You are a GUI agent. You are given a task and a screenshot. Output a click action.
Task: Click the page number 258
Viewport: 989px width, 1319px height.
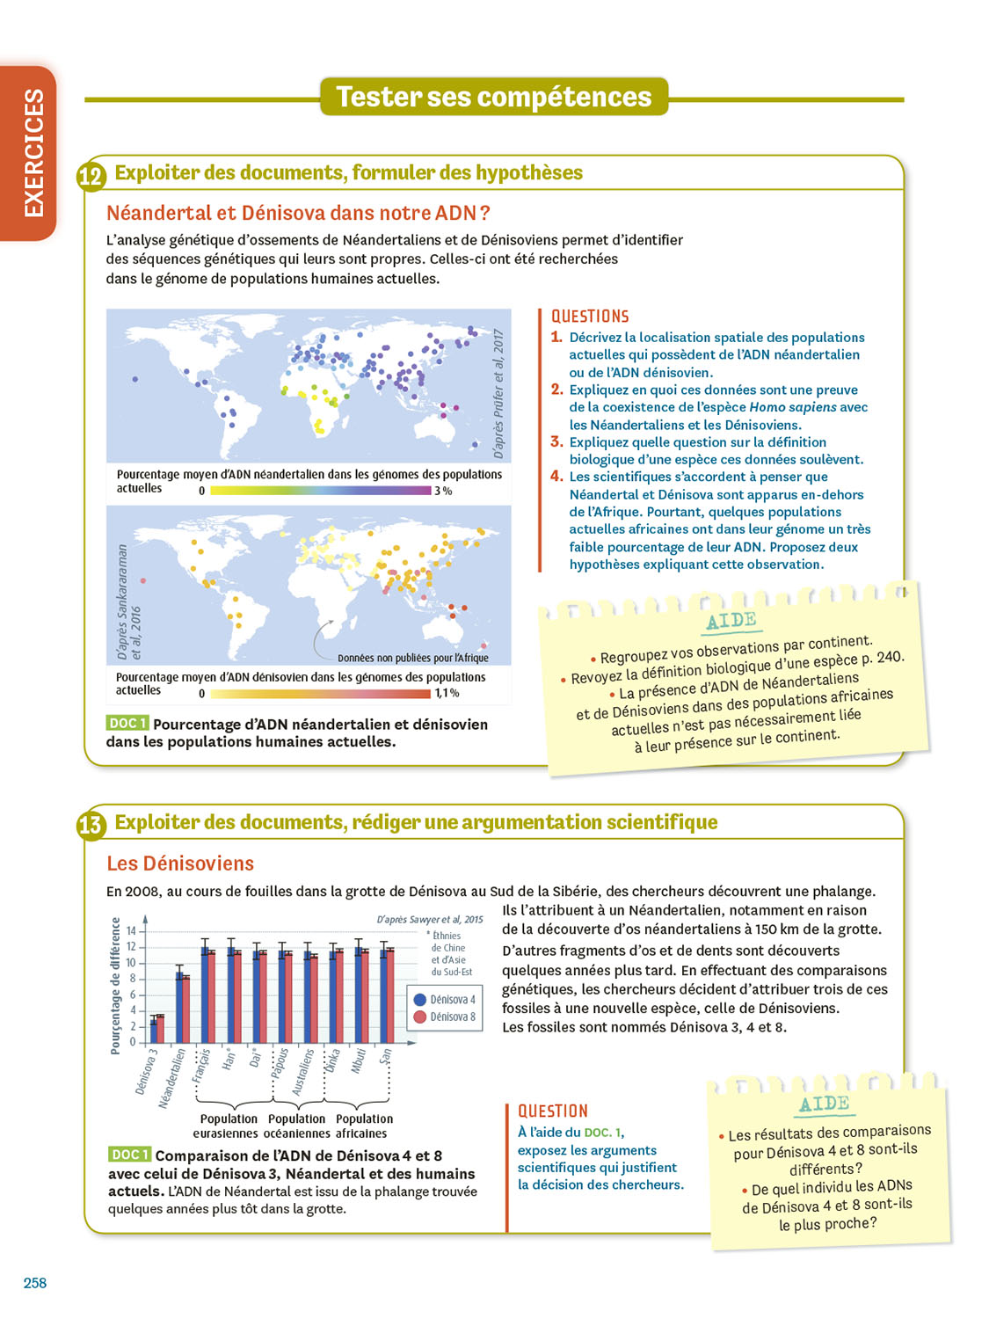(35, 1283)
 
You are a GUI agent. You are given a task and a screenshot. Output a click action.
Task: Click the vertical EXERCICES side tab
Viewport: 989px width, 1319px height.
(33, 152)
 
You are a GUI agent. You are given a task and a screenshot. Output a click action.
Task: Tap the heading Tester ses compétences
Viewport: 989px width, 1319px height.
(494, 97)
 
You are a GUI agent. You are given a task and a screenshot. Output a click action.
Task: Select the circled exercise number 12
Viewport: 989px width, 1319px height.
(91, 176)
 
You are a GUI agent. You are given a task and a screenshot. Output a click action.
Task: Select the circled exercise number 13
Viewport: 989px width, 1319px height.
(91, 826)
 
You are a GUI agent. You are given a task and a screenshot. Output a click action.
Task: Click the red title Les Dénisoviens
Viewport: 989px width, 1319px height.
(180, 864)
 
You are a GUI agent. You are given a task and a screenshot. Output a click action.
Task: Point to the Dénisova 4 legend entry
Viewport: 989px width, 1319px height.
(445, 1000)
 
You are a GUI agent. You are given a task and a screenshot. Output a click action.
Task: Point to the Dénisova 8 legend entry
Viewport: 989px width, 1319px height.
(445, 1017)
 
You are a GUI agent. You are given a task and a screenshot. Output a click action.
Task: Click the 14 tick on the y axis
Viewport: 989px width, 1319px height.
(132, 930)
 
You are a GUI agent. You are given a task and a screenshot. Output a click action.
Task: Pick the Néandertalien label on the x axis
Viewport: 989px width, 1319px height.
(171, 1078)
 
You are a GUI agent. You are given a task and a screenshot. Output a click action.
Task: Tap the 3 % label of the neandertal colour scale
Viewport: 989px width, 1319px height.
(443, 491)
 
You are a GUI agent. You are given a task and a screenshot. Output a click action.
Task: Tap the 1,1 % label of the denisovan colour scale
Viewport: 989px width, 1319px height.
(447, 694)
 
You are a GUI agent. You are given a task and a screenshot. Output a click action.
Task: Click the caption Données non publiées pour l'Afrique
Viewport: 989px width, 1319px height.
(412, 658)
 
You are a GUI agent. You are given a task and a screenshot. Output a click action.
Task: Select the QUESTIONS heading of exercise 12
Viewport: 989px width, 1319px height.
(590, 317)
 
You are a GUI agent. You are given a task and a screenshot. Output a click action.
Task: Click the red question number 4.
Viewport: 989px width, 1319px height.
(556, 477)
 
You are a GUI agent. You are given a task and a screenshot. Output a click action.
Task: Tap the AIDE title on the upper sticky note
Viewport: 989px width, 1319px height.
(731, 621)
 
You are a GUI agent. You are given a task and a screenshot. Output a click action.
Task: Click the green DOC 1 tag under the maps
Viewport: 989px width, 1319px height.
(127, 723)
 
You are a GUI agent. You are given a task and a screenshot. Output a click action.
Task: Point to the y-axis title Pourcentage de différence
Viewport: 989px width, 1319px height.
(115, 986)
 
